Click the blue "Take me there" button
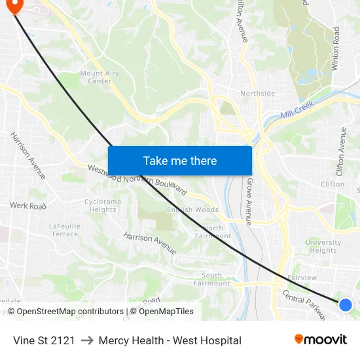[x=180, y=160]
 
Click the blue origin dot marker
[x=346, y=304]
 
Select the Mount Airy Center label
[x=99, y=77]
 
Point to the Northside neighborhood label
[x=257, y=94]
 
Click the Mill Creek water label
[x=298, y=110]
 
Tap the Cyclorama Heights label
[x=103, y=206]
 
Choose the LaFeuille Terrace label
[x=64, y=230]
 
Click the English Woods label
[x=192, y=210]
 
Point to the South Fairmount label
[x=216, y=279]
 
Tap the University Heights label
[x=323, y=246]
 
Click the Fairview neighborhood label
[x=302, y=278]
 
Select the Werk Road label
[x=28, y=206]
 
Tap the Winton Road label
[x=336, y=49]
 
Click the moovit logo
[x=320, y=340]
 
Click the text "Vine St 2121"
[x=44, y=340]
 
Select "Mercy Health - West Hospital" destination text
[x=170, y=340]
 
